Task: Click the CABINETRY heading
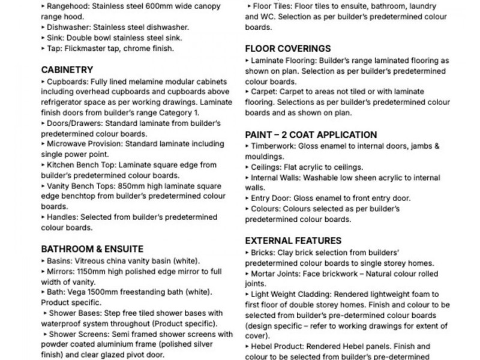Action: pyautogui.click(x=67, y=70)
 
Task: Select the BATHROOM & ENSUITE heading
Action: pyautogui.click(x=92, y=248)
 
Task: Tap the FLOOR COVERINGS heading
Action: pyautogui.click(x=288, y=49)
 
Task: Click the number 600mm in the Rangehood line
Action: pyautogui.click(x=150, y=7)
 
